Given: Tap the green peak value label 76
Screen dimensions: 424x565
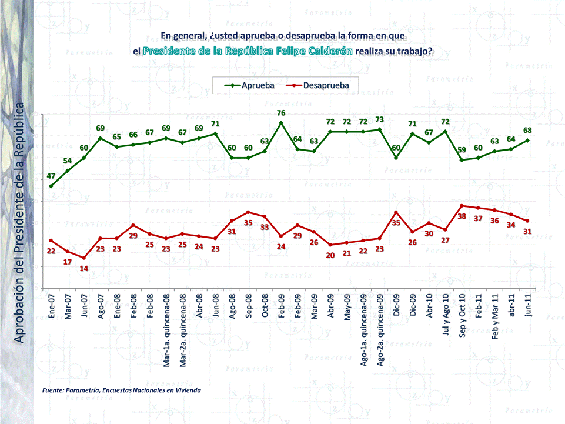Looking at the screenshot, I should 281,113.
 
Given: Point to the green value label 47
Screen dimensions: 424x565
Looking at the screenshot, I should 51,176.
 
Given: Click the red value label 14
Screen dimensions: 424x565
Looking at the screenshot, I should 84,268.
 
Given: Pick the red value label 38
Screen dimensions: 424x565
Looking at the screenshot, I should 462,216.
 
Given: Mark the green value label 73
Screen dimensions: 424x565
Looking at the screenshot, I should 380,119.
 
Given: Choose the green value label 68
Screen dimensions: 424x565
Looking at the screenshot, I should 528,130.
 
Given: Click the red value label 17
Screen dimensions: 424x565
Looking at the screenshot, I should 68,262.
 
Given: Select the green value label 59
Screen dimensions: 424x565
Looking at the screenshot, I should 462,150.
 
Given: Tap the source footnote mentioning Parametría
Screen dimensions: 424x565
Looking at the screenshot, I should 122,390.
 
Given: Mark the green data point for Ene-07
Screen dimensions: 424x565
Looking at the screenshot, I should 51,186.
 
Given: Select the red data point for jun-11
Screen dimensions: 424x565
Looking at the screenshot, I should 528,221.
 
